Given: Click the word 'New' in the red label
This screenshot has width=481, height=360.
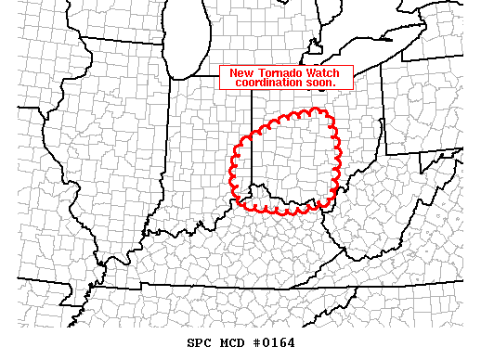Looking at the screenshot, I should [240, 72].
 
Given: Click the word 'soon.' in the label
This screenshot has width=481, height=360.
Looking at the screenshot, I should [318, 83].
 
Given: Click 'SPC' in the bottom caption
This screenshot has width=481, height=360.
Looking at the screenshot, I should [199, 342].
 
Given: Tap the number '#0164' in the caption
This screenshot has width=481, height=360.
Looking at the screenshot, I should [273, 342].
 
